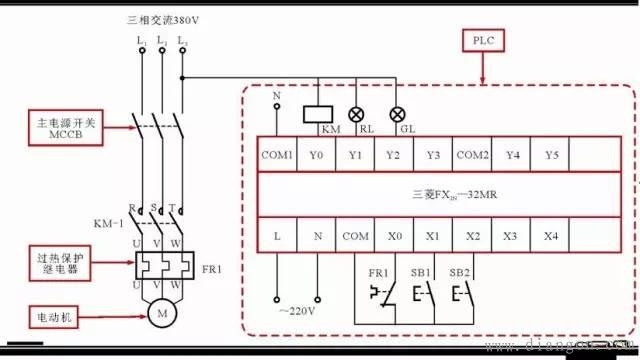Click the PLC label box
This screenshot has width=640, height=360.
[x=485, y=42]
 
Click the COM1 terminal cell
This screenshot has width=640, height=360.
[x=277, y=155]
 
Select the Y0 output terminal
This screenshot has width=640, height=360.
[x=316, y=155]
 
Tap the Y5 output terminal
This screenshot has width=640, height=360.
[x=551, y=155]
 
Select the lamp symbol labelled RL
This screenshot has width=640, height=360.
[x=355, y=112]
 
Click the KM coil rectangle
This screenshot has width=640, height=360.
[x=317, y=113]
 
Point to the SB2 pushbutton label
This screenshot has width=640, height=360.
[x=459, y=272]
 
